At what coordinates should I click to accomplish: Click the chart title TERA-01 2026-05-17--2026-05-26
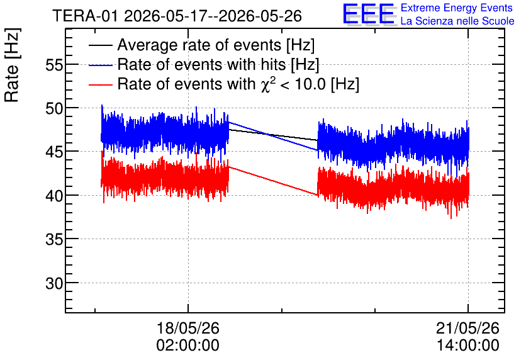coord(177,16)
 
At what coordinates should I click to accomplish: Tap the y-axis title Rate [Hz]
coord(13,65)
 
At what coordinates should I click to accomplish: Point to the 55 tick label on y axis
coord(54,65)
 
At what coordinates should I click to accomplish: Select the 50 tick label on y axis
coord(54,108)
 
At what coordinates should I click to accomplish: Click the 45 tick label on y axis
coord(54,152)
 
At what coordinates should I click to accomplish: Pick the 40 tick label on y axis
coord(54,196)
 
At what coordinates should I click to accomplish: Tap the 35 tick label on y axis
coord(54,239)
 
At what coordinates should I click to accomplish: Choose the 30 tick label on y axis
coord(54,283)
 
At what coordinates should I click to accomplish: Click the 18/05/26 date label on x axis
coord(188,328)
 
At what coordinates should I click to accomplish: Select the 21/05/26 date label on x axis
coord(467,328)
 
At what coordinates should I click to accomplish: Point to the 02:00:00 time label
coord(188,345)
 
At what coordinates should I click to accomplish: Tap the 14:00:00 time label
coord(467,345)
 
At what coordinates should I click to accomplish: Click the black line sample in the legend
coord(100,45)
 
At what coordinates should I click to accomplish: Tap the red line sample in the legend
coord(100,84)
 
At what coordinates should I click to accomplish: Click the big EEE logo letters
coord(369,14)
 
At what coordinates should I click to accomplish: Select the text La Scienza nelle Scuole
coord(457,21)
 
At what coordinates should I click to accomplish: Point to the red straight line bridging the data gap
coord(273,181)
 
